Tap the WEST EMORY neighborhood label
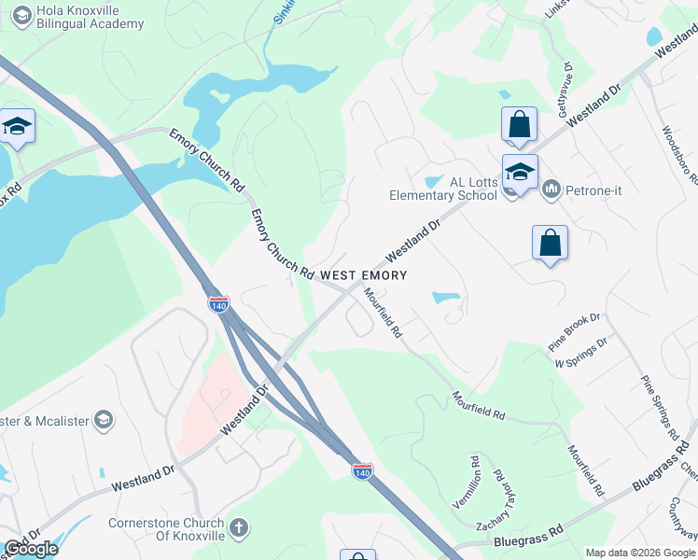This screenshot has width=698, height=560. (x=363, y=275)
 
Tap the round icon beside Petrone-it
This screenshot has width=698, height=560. (x=550, y=189)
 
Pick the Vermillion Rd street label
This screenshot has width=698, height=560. (x=475, y=477)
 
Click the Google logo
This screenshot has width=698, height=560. (x=32, y=549)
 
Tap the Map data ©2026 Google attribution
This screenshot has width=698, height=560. (x=640, y=553)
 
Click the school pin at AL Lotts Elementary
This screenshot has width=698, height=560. (x=520, y=173)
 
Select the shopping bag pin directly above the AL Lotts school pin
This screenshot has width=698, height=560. (x=519, y=124)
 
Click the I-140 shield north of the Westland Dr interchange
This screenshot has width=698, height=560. (x=218, y=304)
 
